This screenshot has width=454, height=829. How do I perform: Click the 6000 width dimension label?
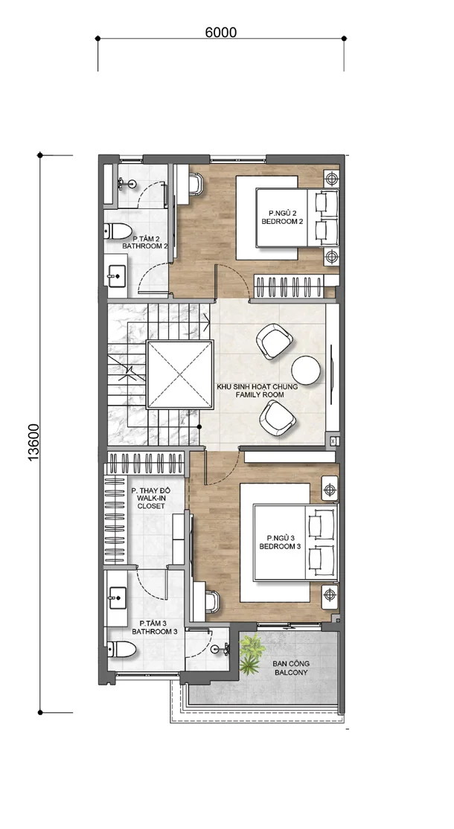pyautogui.click(x=220, y=32)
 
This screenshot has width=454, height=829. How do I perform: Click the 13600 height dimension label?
pyautogui.click(x=33, y=442)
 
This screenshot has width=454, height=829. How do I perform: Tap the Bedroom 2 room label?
pyautogui.click(x=282, y=217)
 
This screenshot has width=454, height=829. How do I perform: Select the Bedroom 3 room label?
pyautogui.click(x=280, y=542)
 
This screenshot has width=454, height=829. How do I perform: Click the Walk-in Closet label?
pyautogui.click(x=151, y=498)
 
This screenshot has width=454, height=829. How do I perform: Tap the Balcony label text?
pyautogui.click(x=291, y=668)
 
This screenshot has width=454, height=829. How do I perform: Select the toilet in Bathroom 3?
pyautogui.click(x=121, y=649)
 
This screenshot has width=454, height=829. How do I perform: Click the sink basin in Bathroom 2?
pyautogui.click(x=116, y=275)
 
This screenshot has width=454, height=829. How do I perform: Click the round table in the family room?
pyautogui.click(x=305, y=370)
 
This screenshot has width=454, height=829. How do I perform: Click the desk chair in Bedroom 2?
pyautogui.click(x=195, y=185)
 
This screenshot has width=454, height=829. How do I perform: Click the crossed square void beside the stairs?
pyautogui.click(x=179, y=374)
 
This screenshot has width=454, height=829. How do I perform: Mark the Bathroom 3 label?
pyautogui.click(x=155, y=627)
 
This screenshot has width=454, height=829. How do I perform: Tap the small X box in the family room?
pyautogui.click(x=333, y=441)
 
